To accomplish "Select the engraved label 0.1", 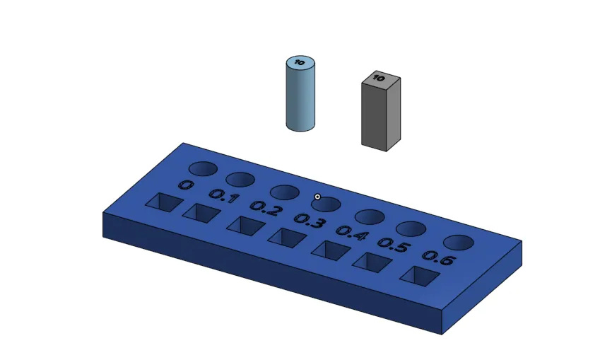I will tap(223, 197).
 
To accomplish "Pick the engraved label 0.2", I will tap(266, 209).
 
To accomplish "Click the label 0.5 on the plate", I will tap(394, 245).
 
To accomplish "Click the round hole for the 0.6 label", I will tap(458, 243).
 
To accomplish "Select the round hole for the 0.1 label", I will tap(240, 180).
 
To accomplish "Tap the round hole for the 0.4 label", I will tap(369, 216).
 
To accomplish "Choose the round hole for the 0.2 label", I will tap(284, 192).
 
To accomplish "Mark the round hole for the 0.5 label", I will tap(411, 228).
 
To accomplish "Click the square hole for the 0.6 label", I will tap(418, 276).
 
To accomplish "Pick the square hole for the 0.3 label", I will tap(286, 238).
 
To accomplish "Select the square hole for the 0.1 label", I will tap(200, 212).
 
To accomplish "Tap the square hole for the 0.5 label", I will tap(372, 262).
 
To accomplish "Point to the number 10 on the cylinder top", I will tap(300, 63).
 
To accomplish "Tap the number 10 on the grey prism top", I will tap(380, 77).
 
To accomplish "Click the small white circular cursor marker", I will tap(317, 197).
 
